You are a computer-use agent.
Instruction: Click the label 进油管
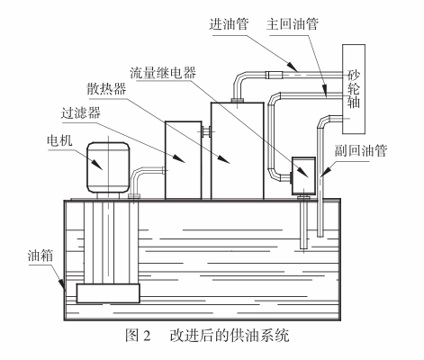(230, 24)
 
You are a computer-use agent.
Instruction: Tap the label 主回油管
(293, 24)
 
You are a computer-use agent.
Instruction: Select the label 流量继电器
(163, 73)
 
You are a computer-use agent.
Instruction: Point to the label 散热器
(106, 88)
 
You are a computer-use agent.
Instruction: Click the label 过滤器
(81, 113)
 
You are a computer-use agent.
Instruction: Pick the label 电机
(59, 140)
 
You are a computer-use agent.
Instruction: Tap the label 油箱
(41, 256)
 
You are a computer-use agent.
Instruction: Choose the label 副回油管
(361, 150)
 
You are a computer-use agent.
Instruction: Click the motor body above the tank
(108, 167)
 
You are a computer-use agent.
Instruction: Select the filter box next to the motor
(184, 160)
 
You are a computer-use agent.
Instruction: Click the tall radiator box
(238, 150)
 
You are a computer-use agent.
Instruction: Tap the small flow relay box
(303, 175)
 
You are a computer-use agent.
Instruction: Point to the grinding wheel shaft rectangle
(354, 89)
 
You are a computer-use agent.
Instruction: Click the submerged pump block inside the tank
(108, 293)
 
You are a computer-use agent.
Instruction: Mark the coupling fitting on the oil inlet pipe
(275, 75)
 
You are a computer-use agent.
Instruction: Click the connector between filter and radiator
(206, 131)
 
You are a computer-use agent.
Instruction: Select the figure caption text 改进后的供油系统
(230, 336)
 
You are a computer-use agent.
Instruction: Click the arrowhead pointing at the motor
(97, 165)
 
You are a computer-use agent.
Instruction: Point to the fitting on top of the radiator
(238, 101)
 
